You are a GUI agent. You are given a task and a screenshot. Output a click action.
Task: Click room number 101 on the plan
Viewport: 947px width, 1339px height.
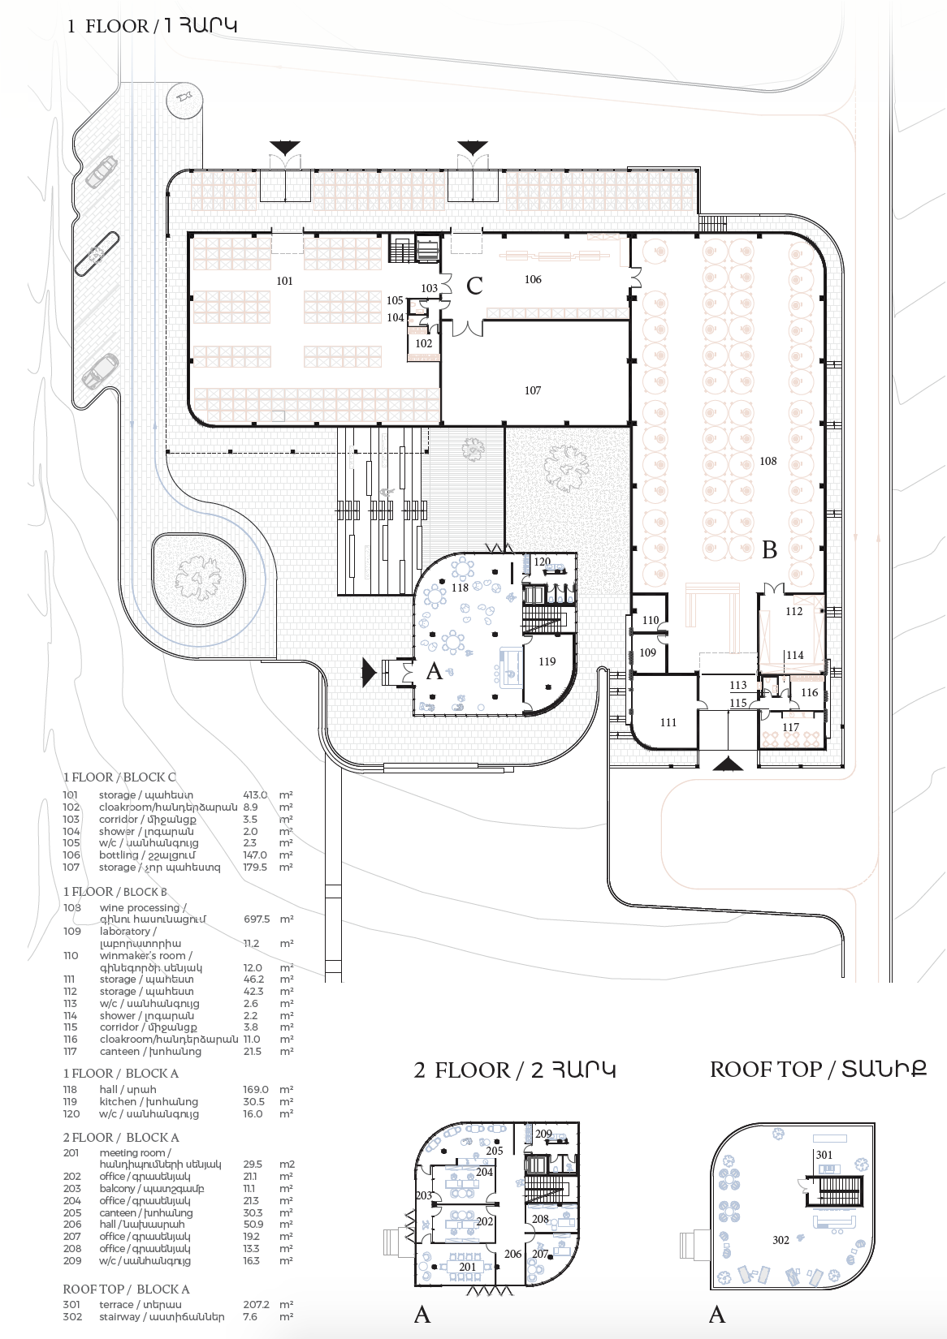[x=284, y=281]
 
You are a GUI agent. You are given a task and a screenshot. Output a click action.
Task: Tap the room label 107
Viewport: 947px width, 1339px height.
[x=533, y=390]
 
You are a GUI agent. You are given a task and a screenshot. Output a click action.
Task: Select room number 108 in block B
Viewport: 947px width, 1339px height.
[x=768, y=461]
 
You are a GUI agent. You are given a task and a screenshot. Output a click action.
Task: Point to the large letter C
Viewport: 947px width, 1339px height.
[x=474, y=286]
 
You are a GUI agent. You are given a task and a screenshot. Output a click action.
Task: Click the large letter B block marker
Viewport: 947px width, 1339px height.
[x=770, y=550]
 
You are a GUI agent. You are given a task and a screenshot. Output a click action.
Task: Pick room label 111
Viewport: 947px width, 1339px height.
[x=668, y=722]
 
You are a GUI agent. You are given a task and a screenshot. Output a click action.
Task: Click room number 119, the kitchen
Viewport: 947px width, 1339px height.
[x=547, y=661]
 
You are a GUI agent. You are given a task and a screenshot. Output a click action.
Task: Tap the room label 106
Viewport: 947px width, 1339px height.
[x=533, y=279]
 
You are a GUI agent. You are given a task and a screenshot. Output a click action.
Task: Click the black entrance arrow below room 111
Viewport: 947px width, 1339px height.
[x=728, y=763]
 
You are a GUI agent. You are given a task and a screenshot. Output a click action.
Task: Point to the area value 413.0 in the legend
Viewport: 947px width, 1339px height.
[x=255, y=795]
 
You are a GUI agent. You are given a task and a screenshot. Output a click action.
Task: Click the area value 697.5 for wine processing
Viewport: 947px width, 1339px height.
[x=257, y=919]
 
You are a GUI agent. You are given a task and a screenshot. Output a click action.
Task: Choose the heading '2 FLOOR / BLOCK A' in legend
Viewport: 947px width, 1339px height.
[x=121, y=1138]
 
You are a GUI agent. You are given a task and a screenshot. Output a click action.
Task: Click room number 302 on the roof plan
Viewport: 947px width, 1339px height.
[x=781, y=1240]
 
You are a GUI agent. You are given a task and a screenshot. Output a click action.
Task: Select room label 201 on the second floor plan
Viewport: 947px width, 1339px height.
[x=468, y=1267]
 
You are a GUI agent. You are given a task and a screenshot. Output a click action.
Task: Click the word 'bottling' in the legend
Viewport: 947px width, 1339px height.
[x=119, y=855]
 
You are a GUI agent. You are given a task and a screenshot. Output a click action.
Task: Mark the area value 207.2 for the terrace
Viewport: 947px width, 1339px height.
[x=256, y=1305]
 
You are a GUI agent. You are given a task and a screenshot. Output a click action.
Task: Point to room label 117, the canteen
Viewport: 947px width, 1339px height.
[x=791, y=727]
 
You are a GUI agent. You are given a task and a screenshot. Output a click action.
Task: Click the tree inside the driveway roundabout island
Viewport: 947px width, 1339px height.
[x=198, y=579]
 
